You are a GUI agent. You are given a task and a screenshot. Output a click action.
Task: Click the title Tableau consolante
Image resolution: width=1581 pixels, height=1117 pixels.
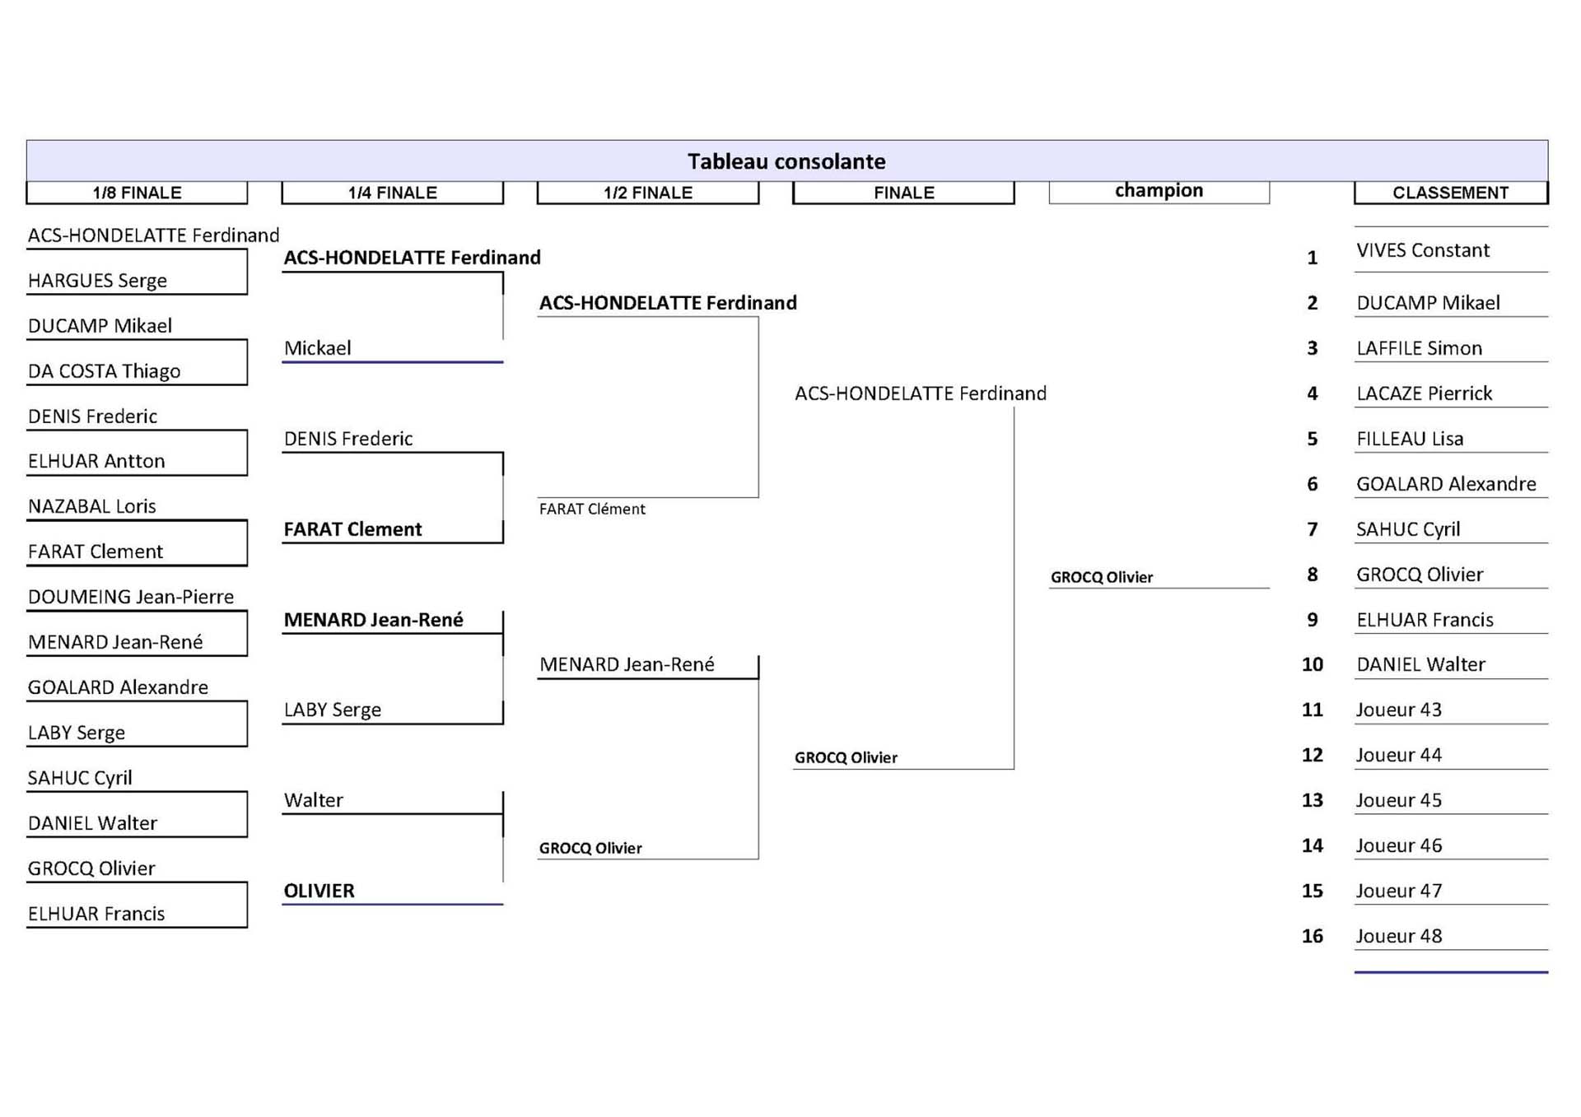[786, 161]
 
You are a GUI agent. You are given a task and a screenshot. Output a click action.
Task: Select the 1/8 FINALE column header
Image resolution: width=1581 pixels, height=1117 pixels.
[137, 193]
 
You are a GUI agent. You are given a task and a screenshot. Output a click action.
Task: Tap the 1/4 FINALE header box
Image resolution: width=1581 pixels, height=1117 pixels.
[392, 193]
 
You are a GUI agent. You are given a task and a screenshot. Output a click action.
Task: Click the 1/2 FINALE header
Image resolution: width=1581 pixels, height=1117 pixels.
[648, 193]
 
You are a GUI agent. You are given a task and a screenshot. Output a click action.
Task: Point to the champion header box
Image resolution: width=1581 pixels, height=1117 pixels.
[1159, 192]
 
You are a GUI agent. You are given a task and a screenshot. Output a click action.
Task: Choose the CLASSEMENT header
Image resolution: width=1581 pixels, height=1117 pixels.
[1451, 193]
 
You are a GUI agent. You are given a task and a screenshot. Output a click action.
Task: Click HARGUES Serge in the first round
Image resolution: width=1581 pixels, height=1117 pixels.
[97, 281]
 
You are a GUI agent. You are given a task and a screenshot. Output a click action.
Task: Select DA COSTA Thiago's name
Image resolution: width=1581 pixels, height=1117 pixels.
[104, 371]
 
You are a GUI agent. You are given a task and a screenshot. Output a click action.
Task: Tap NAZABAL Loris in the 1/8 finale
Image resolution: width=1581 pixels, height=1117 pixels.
[92, 506]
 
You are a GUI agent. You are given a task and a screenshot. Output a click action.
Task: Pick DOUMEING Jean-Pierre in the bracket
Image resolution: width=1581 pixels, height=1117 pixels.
[131, 597]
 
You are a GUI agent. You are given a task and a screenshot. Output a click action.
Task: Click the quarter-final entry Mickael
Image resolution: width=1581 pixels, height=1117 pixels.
[318, 348]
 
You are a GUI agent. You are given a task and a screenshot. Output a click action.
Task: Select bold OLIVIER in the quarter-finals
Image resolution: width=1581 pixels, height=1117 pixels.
[319, 891]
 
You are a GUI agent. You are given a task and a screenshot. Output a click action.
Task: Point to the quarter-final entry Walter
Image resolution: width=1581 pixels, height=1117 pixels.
[314, 800]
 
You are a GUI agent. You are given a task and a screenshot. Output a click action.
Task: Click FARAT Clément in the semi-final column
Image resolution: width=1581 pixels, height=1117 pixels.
[592, 509]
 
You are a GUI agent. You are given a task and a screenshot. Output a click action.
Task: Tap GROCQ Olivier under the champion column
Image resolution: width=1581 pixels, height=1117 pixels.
[1102, 577]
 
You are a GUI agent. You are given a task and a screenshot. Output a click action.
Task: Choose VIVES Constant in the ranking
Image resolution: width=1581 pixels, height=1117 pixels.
[1423, 250]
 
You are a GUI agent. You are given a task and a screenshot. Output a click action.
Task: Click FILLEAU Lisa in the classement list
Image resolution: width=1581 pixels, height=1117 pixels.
[1410, 439]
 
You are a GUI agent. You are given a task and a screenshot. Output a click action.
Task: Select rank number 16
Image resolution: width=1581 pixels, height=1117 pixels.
[1313, 936]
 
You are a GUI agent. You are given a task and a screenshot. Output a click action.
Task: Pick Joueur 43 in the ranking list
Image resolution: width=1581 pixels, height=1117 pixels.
[1399, 710]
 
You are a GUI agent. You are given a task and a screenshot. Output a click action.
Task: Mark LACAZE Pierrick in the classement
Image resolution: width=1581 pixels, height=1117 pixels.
[1425, 393]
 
